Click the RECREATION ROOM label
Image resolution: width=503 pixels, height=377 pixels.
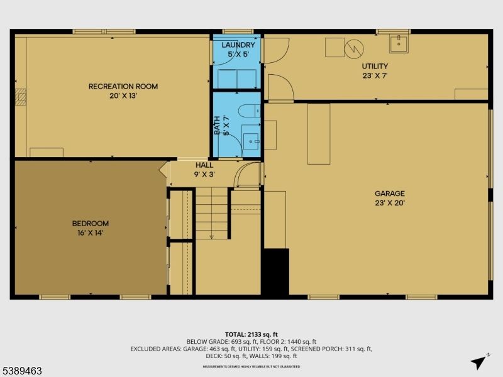pos(123,86)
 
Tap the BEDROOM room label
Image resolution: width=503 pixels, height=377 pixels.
pos(90,223)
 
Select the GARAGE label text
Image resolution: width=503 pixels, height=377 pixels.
pos(390,194)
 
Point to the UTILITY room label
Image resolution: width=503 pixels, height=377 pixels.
pos(374,66)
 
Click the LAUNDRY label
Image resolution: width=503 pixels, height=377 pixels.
pos(238,45)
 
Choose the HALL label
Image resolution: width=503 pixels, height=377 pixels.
pos(204,165)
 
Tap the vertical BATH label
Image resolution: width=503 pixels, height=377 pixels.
pos(218,125)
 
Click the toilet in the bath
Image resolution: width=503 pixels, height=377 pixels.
pos(250,111)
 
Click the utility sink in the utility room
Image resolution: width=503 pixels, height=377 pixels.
pos(398,43)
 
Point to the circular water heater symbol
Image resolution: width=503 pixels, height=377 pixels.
pos(354,49)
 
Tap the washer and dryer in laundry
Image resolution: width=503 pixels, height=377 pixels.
pos(236,78)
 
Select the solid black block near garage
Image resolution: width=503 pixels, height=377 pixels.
pos(275,271)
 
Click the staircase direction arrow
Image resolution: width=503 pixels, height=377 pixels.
pos(212,236)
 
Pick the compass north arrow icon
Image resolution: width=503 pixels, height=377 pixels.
pos(478,361)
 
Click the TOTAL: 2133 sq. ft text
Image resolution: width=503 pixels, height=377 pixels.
pos(251,334)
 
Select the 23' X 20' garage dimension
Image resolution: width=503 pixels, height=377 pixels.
pos(390,203)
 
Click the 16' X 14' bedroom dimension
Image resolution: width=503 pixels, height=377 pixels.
pos(90,232)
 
